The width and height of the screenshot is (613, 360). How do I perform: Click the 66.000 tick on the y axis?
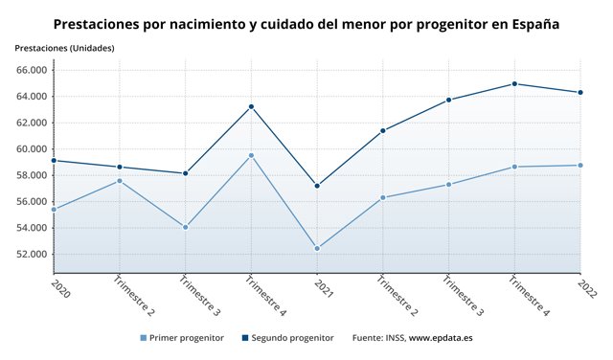[x=32, y=70]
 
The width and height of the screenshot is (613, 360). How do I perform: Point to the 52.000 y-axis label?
[x=32, y=254]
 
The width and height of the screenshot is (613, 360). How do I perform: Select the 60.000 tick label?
[x=32, y=149]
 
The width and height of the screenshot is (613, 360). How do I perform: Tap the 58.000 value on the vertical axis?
[x=32, y=175]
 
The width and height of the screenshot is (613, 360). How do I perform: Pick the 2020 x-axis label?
[x=58, y=287]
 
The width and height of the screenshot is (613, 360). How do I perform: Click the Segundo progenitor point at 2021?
[x=317, y=186]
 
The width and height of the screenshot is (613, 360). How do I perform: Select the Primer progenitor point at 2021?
[x=317, y=248]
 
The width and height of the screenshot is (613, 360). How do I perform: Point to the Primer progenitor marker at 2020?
[x=54, y=209]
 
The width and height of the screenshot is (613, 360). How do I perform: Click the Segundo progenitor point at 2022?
[x=580, y=92]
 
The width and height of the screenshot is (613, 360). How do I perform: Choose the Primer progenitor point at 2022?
[x=580, y=165]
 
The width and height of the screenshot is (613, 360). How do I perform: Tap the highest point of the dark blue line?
[x=514, y=83]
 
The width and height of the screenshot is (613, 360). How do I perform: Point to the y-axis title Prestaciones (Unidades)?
[x=64, y=47]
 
